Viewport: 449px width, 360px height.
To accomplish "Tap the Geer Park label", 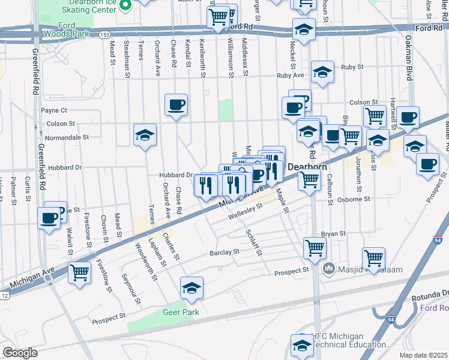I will point(180,313).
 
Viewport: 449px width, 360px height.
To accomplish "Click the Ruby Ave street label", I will point(291,76).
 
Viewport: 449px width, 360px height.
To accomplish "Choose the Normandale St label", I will point(67,137).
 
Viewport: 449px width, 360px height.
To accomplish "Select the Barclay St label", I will point(224,253).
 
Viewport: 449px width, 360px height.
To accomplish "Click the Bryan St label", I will point(334,233).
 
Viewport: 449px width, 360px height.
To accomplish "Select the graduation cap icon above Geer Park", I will point(192,289).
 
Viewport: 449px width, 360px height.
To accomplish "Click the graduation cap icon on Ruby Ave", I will point(322,73).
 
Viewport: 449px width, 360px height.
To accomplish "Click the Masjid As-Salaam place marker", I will point(328,267).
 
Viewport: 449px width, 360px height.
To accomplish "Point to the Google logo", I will point(20,353).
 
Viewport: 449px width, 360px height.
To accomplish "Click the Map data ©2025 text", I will point(423,355).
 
